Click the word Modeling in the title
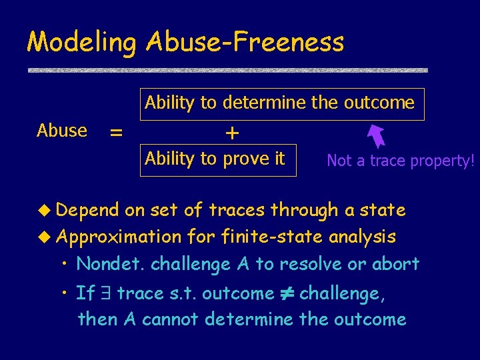(81, 43)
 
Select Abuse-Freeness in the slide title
(244, 42)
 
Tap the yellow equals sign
(116, 133)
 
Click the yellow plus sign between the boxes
(231, 133)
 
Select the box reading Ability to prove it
(217, 159)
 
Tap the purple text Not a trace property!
(400, 161)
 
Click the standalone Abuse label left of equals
(62, 131)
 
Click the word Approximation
(119, 237)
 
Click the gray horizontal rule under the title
(227, 70)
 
